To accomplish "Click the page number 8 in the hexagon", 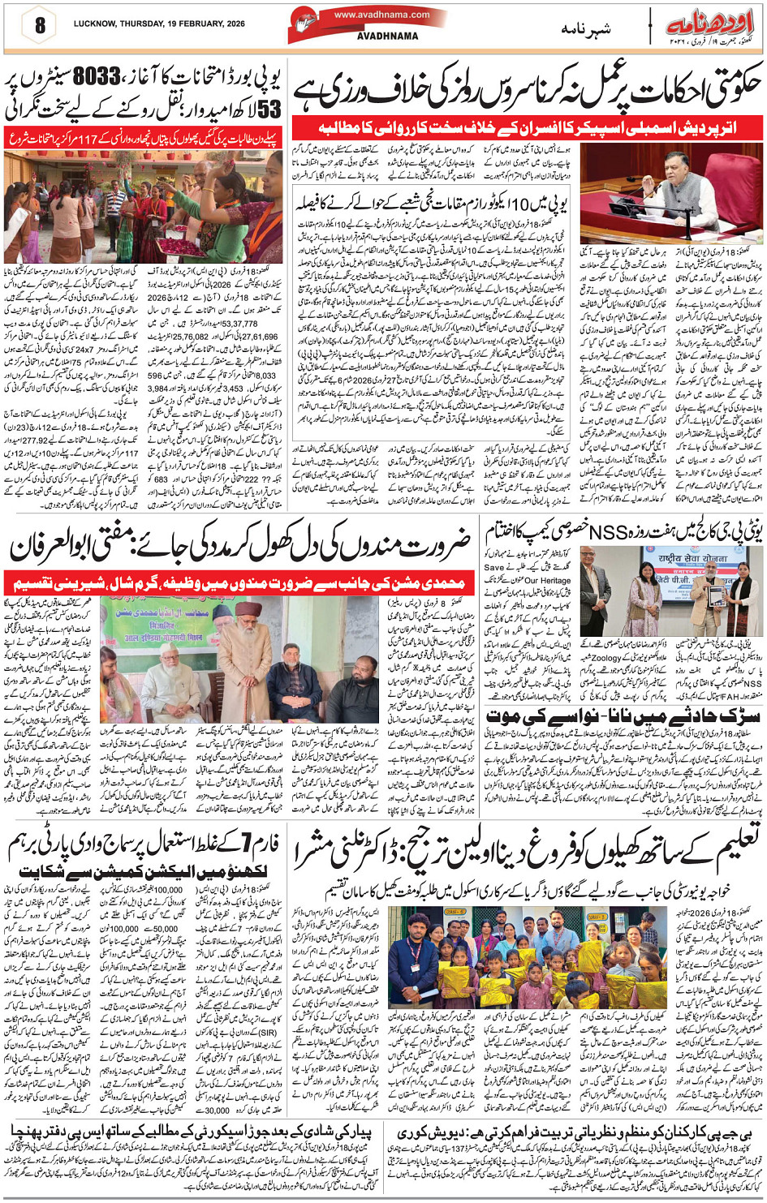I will [x=38, y=25].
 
